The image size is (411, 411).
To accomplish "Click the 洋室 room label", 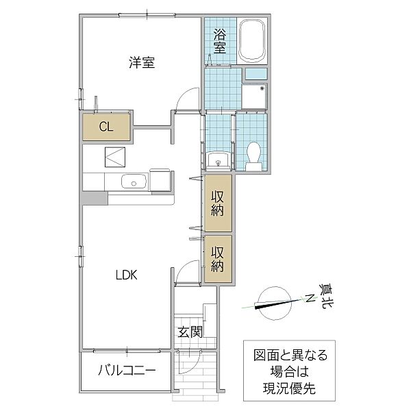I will click(x=141, y=63).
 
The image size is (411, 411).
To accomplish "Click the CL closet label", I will click(x=105, y=126).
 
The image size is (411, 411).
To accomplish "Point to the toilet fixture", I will click(x=253, y=154).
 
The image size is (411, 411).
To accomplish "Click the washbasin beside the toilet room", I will click(x=218, y=162).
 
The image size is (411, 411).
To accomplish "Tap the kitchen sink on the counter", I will click(x=132, y=182).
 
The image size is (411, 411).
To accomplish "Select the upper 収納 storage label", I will click(x=218, y=203).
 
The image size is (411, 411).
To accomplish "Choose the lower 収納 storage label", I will click(x=218, y=259).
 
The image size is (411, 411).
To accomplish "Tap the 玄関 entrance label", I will click(x=190, y=333).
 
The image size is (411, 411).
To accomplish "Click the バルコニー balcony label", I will click(x=125, y=371).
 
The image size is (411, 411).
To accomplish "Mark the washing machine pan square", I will click(x=255, y=97).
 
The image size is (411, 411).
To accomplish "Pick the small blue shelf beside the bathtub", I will click(x=256, y=73).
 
